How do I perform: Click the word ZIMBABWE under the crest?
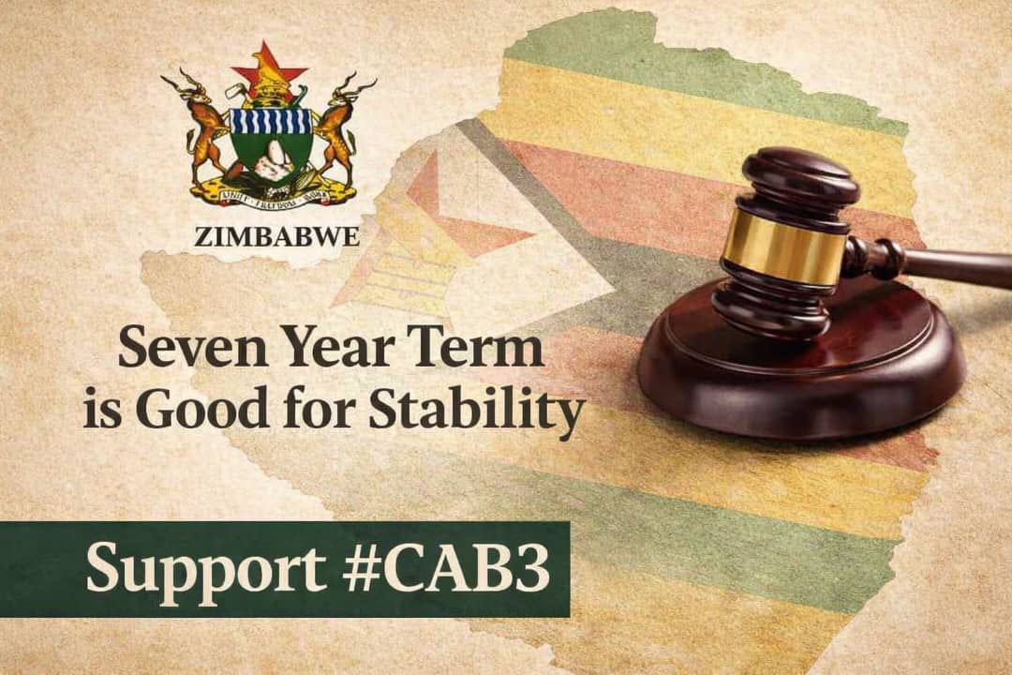(x=276, y=236)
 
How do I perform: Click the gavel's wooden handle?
(x=946, y=266)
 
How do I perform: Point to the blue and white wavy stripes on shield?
(x=270, y=121)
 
